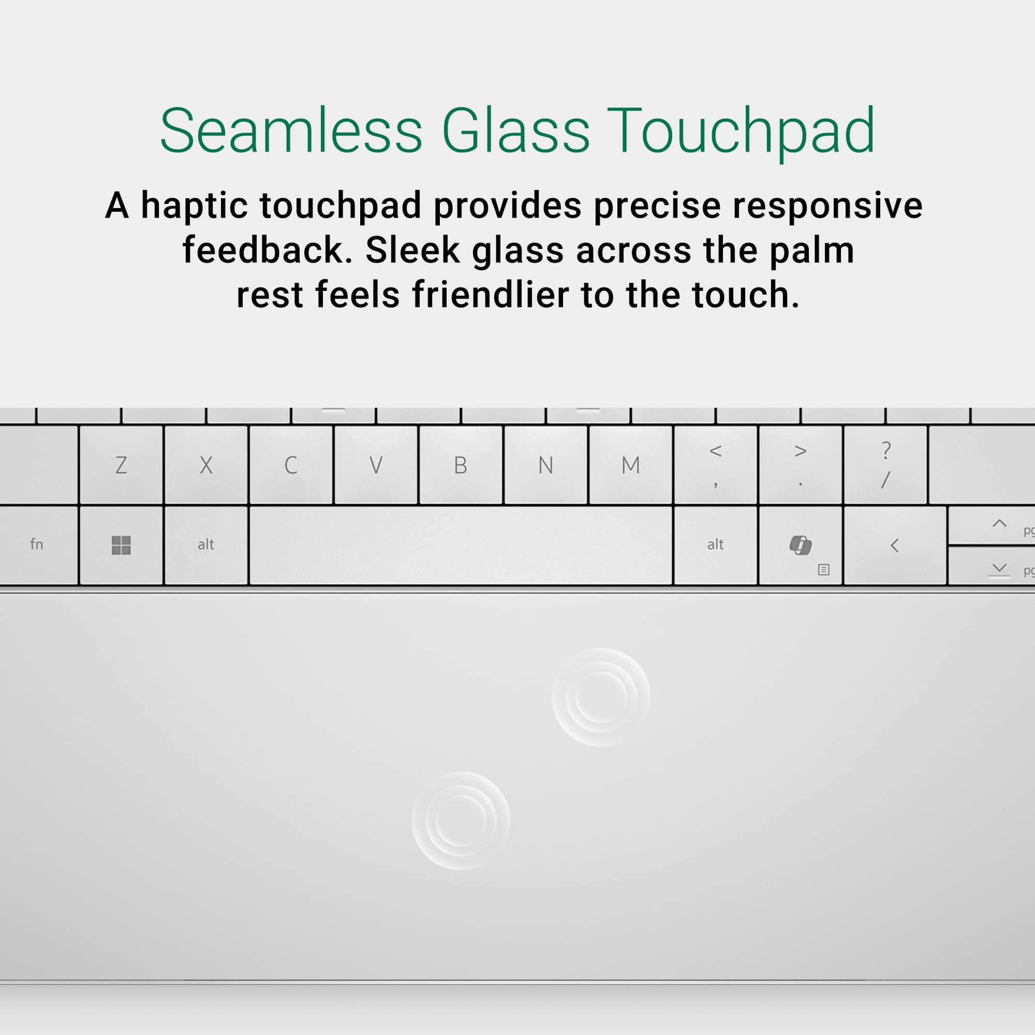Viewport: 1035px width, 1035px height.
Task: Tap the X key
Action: (x=206, y=465)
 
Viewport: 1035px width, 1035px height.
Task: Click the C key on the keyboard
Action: (x=291, y=465)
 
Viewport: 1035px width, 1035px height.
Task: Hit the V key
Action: (x=376, y=465)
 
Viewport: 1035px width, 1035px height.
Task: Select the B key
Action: (x=460, y=465)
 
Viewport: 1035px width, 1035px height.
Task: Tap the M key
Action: (x=630, y=465)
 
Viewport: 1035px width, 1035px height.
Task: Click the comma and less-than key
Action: (x=715, y=465)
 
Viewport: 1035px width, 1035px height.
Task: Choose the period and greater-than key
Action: (x=800, y=465)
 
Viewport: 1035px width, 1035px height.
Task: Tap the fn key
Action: (x=36, y=545)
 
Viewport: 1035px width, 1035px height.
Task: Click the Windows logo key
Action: (x=121, y=545)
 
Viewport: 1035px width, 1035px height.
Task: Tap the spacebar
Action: (x=461, y=545)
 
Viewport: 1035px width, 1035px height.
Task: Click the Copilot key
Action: (x=800, y=545)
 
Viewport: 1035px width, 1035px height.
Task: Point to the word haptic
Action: (x=194, y=206)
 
